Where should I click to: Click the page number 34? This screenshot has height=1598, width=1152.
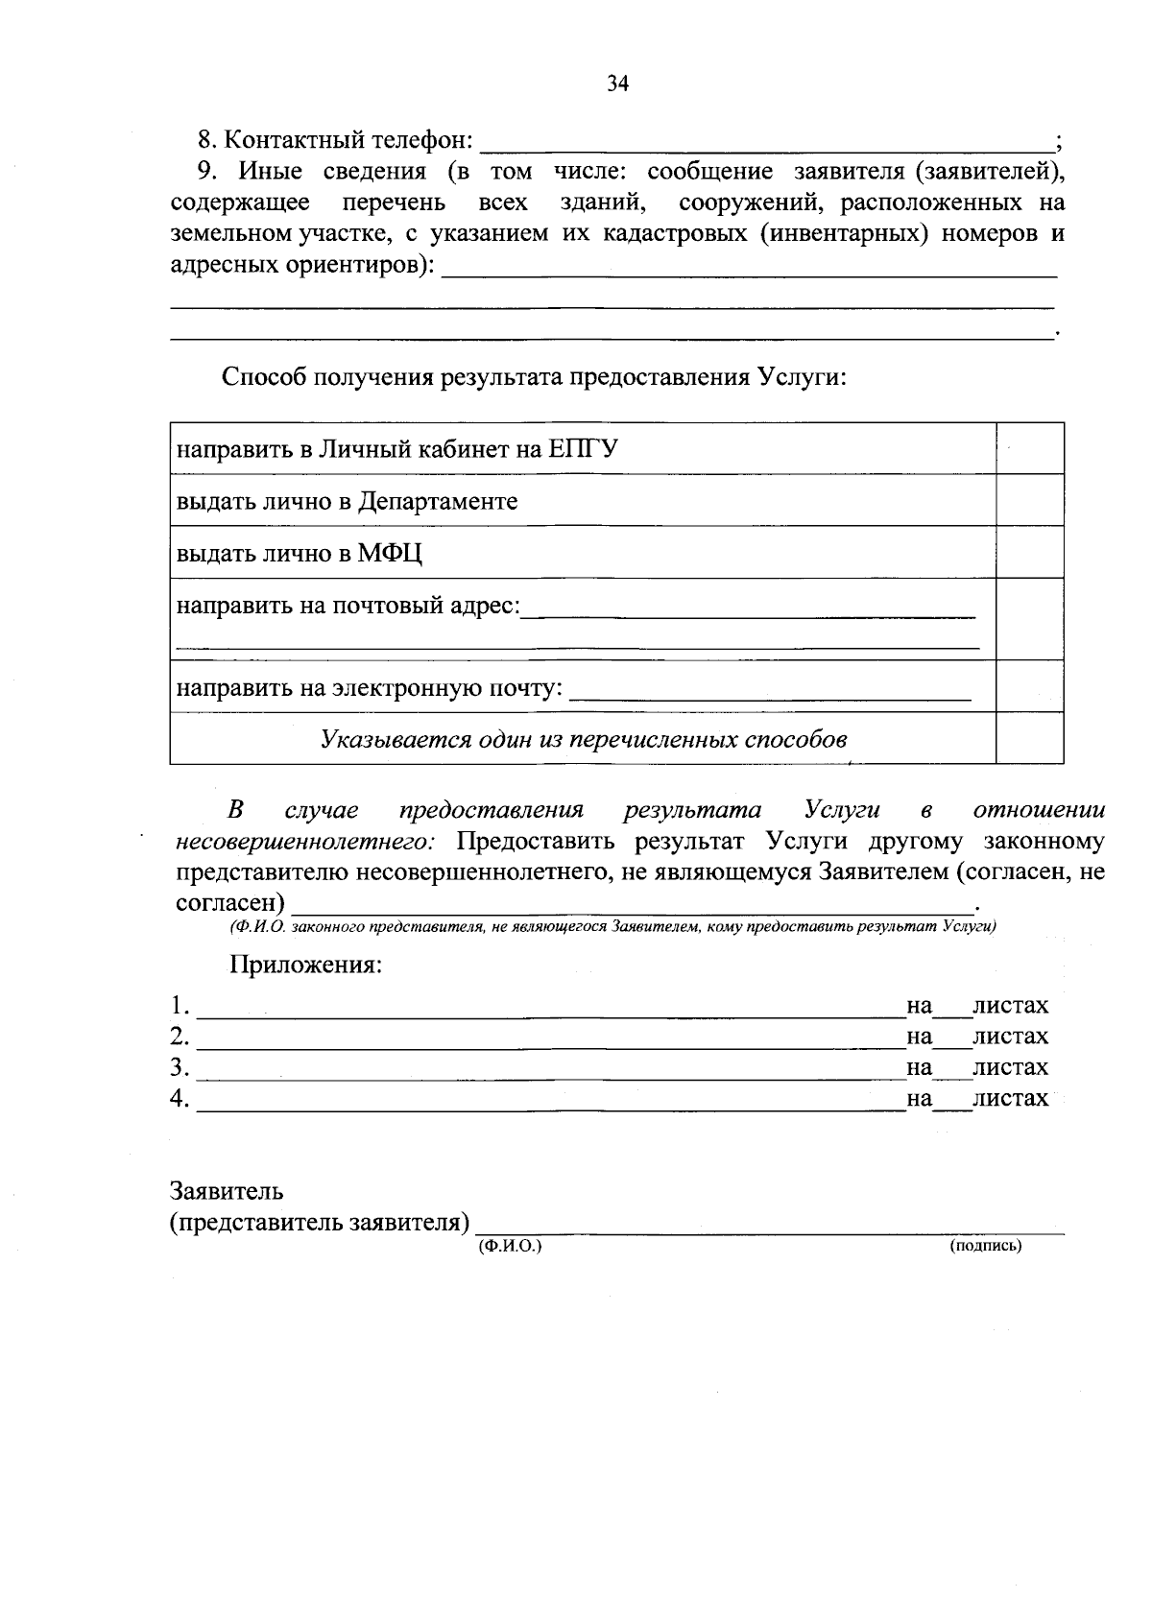click(x=617, y=84)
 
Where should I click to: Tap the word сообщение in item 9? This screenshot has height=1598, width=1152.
click(x=709, y=172)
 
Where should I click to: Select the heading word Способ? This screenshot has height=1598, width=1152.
click(x=266, y=376)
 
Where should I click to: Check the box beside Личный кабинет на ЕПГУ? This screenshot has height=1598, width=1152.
click(x=1029, y=448)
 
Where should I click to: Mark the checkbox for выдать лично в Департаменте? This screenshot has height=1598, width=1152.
click(x=1029, y=500)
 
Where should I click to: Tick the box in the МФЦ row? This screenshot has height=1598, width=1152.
click(x=1029, y=552)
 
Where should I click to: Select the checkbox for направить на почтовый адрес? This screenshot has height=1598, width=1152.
click(x=1029, y=618)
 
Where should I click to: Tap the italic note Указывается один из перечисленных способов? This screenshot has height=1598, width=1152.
click(x=584, y=739)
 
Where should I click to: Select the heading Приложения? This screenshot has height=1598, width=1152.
click(x=305, y=965)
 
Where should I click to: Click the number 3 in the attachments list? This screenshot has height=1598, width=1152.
click(x=178, y=1066)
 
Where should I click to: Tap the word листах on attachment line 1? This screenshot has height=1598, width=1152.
click(x=1010, y=1006)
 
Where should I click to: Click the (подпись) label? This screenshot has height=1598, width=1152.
click(x=985, y=1246)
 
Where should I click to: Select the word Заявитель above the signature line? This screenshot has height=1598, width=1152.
click(x=227, y=1192)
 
